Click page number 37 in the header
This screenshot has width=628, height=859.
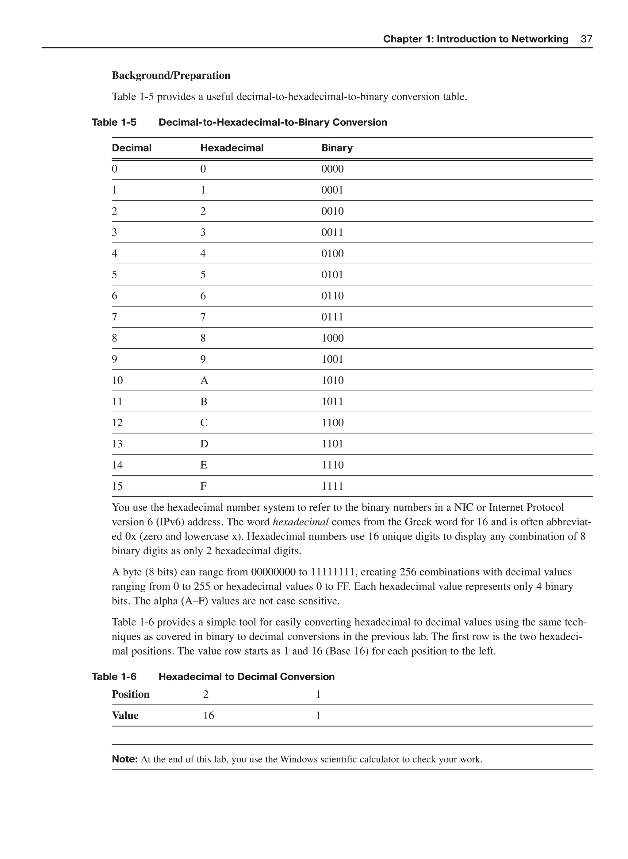pos(586,39)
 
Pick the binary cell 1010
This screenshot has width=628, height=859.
pos(332,380)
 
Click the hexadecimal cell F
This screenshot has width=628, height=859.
pos(203,486)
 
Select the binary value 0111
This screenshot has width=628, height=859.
pos(332,317)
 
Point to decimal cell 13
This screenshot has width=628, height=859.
pos(117,444)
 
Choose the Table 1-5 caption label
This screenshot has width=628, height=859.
pos(114,122)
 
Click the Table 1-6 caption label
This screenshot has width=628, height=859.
pos(114,677)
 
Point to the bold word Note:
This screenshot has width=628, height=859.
pos(124,759)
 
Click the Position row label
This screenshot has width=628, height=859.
pos(130,694)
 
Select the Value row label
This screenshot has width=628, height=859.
pos(125,716)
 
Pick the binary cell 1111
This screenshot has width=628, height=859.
pos(332,486)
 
